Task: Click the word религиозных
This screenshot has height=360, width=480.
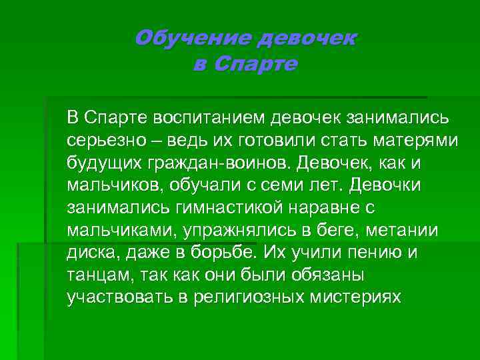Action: pyautogui.click(x=247, y=297)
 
